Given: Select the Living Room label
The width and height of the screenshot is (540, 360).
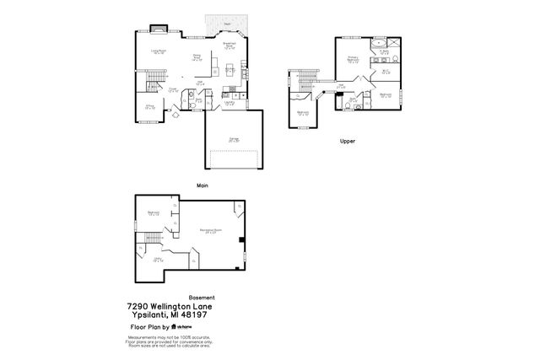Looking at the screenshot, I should pos(156,51).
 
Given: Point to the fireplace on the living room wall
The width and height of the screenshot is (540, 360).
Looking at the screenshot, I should pos(156,29).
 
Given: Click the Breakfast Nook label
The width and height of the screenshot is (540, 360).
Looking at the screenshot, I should pos(229,46).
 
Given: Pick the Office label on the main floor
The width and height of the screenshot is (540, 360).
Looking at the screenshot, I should pos(149,107).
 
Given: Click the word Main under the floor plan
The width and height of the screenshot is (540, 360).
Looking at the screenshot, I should pos(202,185).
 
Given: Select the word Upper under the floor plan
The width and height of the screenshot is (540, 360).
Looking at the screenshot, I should pos(347,142).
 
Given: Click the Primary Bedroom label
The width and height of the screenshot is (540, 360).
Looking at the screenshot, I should pos(353,60).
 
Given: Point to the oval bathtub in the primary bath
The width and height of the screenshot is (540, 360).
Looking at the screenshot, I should pos(380,41).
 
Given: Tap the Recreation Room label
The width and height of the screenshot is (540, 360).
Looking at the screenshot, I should pos(210,230).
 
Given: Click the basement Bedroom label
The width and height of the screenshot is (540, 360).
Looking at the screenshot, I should pos(154,212).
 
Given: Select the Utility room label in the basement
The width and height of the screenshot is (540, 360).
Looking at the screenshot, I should pos(158,260).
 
